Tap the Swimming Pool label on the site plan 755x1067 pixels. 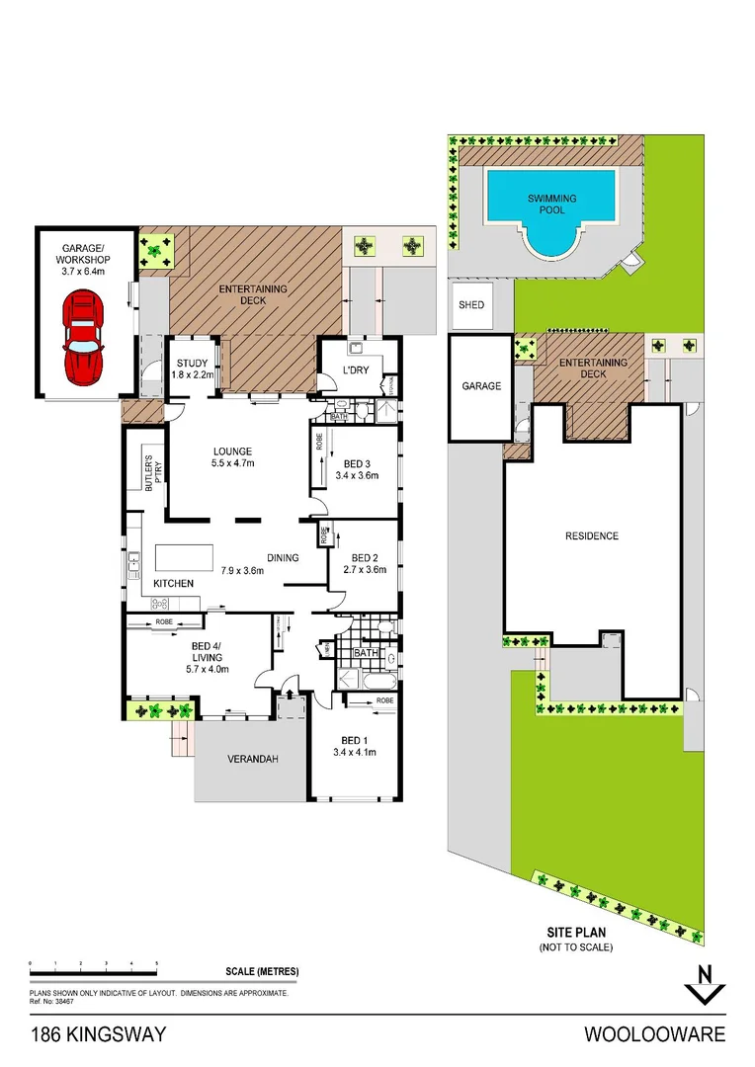point(551,205)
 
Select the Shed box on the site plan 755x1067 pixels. point(471,305)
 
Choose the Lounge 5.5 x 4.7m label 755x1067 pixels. point(232,457)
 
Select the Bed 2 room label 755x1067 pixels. point(365,562)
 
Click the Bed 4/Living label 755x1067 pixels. point(208,657)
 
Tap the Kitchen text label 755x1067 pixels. point(173,584)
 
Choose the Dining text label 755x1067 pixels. point(282,558)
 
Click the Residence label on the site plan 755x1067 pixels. point(592,536)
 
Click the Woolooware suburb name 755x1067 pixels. point(654,1034)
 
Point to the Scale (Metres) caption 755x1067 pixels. point(261,971)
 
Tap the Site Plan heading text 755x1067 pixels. point(575,932)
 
